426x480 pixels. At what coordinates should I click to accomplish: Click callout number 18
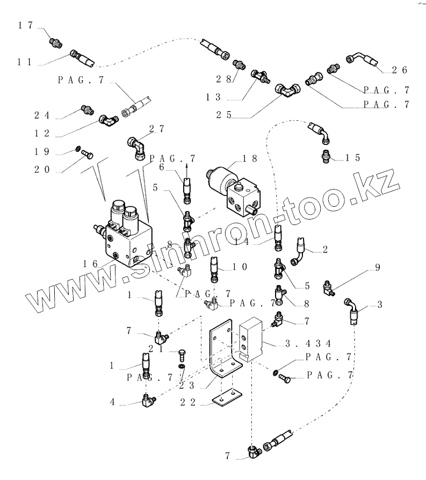pyautogui.click(x=250, y=159)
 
